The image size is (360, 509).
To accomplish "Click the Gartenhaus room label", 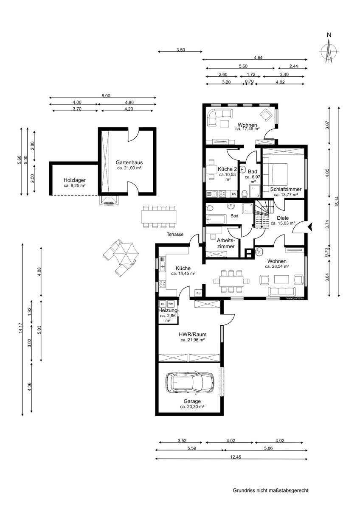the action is click(x=129, y=162).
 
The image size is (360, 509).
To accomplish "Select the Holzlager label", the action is click(x=75, y=180).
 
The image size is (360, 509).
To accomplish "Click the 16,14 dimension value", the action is click(x=337, y=201).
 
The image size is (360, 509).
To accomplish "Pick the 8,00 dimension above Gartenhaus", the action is click(x=106, y=96).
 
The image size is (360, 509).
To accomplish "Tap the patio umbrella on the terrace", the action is click(x=126, y=254).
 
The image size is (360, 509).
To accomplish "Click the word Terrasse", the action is click(x=175, y=234).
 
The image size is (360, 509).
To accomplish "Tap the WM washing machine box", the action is click(x=171, y=304).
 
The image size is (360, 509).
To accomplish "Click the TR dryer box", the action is click(x=162, y=304).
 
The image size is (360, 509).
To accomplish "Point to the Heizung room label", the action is click(x=169, y=310).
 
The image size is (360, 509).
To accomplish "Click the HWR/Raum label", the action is click(x=193, y=334).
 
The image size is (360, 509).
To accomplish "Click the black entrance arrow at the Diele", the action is click(x=311, y=227).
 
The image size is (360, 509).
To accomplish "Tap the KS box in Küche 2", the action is click(x=234, y=194).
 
